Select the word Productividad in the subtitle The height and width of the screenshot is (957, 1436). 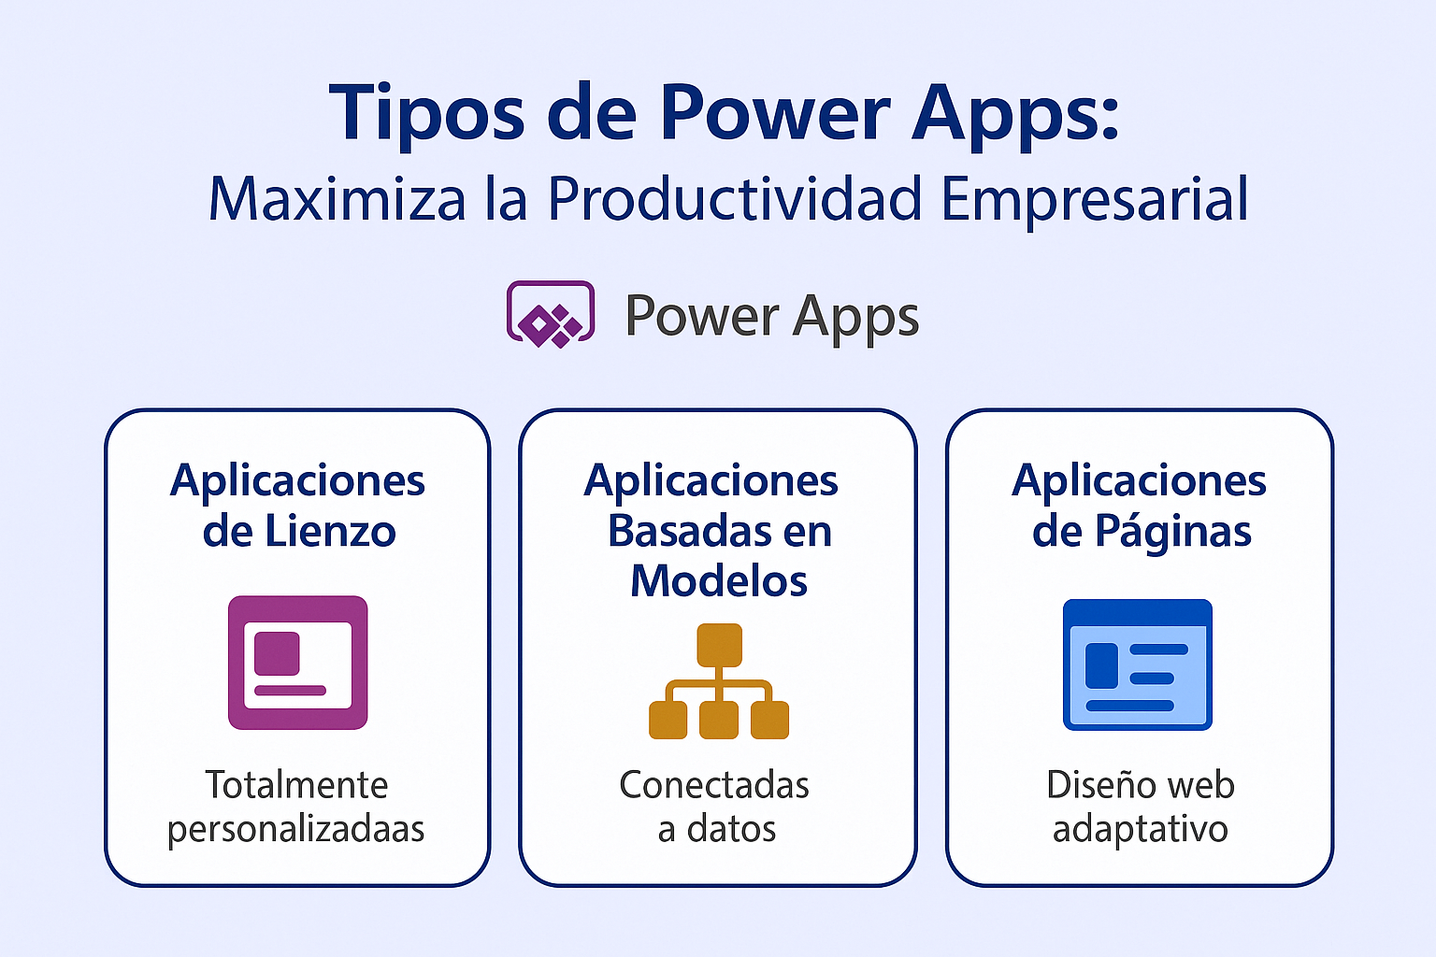tap(736, 199)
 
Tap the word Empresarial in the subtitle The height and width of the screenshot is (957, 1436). tap(1095, 199)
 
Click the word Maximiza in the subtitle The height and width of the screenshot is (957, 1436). tap(337, 199)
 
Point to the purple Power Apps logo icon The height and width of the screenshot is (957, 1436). tap(551, 314)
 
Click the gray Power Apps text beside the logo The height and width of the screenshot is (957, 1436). tap(771, 316)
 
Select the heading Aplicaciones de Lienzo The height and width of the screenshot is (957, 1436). tap(298, 506)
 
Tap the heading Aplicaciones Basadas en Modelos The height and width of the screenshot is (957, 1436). tap(718, 531)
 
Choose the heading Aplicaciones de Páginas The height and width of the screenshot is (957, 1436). tap(1141, 506)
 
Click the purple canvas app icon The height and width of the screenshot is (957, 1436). tap(298, 662)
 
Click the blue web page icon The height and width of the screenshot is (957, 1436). tap(1138, 664)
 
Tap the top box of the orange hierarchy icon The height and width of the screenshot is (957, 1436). tap(719, 644)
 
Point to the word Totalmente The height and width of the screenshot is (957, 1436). tap(296, 785)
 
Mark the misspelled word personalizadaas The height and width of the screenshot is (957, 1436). tap(296, 830)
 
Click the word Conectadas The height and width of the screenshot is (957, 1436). tap(714, 785)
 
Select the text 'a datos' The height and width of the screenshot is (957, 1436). tap(717, 830)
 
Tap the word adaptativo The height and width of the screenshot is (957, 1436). tap(1141, 830)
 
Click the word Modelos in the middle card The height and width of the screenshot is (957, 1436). tap(718, 581)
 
